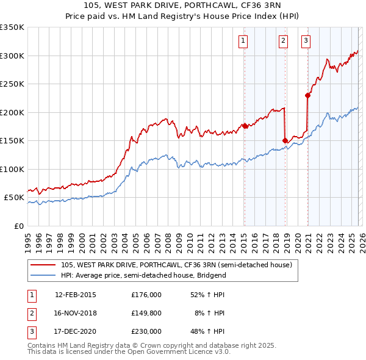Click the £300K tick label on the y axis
click(x=11, y=56)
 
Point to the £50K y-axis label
click(x=13, y=198)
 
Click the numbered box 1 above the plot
click(x=243, y=41)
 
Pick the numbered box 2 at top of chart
click(x=284, y=41)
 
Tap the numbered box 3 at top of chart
click(x=306, y=41)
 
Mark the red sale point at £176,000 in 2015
click(x=245, y=126)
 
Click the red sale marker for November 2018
click(x=285, y=140)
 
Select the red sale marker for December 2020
click(x=307, y=95)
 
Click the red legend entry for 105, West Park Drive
click(x=177, y=265)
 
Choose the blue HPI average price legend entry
click(x=143, y=275)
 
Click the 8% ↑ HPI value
click(x=210, y=313)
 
